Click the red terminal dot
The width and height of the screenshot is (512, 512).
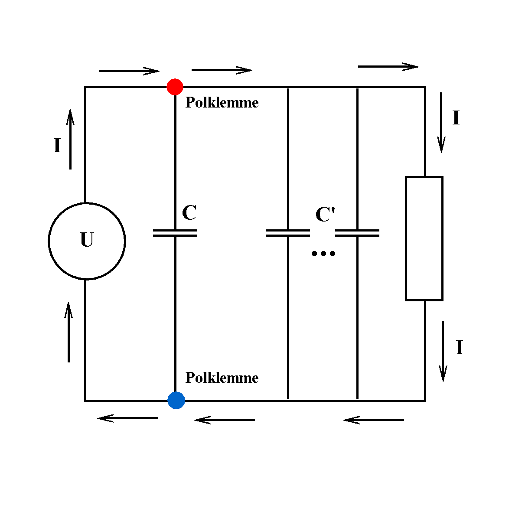click(175, 87)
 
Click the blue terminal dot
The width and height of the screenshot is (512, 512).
click(176, 400)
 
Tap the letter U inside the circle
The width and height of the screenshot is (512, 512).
click(87, 240)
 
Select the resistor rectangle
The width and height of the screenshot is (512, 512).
click(424, 238)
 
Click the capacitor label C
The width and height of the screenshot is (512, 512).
click(189, 213)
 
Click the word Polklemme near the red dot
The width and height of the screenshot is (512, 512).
click(222, 103)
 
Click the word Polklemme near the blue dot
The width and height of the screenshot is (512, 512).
click(222, 378)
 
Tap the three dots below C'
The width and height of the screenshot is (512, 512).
click(323, 254)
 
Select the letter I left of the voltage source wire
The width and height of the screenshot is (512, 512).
click(57, 146)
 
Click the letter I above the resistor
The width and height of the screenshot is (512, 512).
click(456, 118)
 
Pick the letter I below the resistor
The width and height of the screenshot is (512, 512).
click(460, 348)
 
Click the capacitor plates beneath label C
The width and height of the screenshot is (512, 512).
click(175, 233)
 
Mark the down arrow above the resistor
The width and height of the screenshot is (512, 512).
click(441, 122)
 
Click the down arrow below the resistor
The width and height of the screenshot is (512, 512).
click(443, 351)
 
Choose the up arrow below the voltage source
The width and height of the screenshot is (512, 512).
click(68, 332)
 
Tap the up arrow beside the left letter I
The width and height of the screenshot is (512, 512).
click(70, 139)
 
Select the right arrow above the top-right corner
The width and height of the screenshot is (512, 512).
click(388, 67)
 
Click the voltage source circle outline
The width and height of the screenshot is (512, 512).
click(49, 241)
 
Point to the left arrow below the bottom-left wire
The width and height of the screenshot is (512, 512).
click(127, 418)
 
